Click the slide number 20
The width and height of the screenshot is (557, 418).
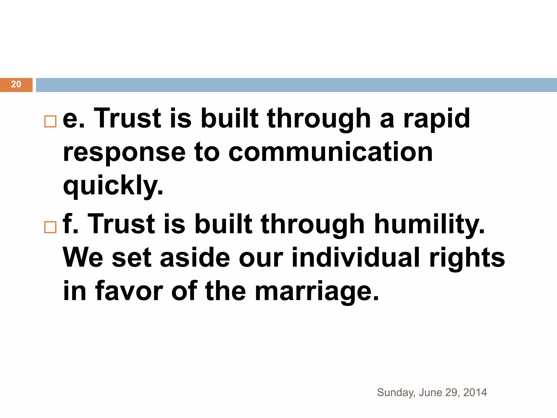point(16,84)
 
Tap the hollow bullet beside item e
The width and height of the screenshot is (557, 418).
point(50,121)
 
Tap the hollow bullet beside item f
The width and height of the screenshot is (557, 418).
point(50,227)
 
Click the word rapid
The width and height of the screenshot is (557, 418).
point(437,119)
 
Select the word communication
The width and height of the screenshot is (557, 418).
point(330,152)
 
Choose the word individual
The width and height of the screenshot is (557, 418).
point(356,258)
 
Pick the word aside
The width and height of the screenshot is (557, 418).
point(195,258)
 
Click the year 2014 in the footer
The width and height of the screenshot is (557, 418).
point(475,392)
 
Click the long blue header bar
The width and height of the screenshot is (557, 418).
point(296,85)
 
